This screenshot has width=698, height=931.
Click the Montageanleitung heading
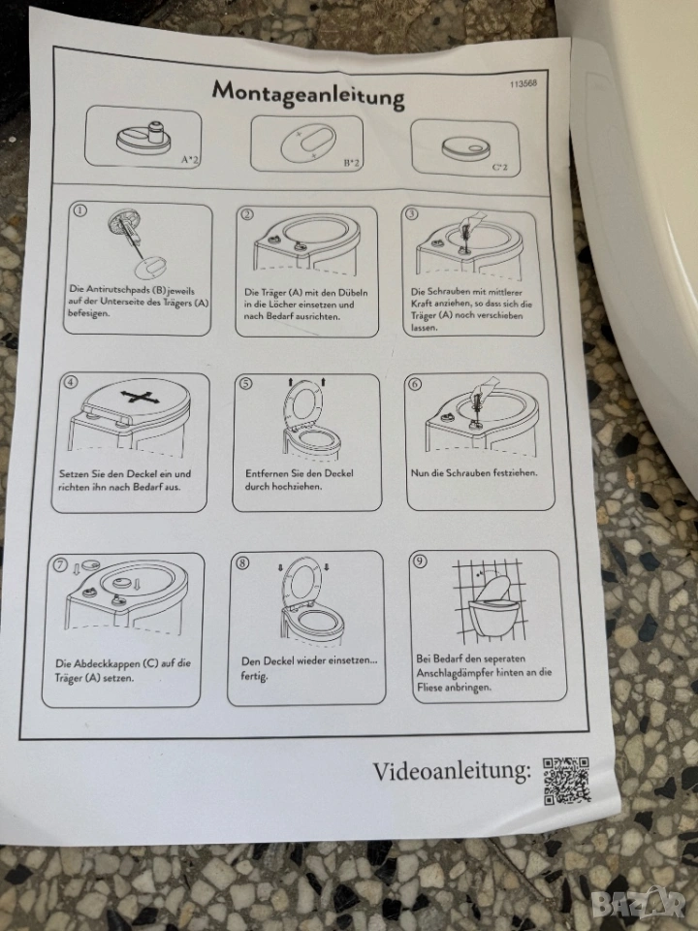(308, 94)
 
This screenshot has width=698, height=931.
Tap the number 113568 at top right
(523, 83)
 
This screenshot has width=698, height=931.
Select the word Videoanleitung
(452, 771)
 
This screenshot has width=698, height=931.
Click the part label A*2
(190, 159)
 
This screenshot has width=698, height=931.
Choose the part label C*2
(500, 167)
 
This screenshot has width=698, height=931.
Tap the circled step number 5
(245, 384)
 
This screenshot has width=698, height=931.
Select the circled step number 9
(419, 561)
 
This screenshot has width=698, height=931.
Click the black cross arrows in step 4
(137, 398)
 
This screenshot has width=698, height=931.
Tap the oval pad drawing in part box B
(308, 144)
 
